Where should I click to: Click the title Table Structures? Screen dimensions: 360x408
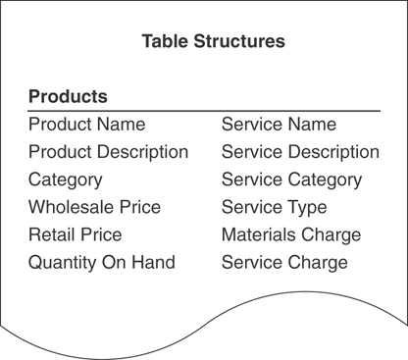tap(213, 42)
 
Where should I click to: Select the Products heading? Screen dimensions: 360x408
tap(68, 97)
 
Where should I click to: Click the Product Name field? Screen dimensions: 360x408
tap(86, 125)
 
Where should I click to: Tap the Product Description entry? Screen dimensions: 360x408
tap(108, 152)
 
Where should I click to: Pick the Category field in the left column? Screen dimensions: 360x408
tap(65, 180)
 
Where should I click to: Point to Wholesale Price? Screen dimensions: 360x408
tap(94, 207)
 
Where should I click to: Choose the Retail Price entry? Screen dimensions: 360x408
tap(76, 234)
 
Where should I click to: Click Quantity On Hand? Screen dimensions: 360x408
tap(102, 262)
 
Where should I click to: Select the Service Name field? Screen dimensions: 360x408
tap(279, 125)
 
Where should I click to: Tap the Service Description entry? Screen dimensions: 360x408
tap(300, 152)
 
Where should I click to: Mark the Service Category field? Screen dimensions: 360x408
tap(291, 180)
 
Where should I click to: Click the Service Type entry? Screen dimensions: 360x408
tap(274, 207)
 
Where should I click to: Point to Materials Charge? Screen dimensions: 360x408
tap(291, 234)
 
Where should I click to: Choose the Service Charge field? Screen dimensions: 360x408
tap(284, 262)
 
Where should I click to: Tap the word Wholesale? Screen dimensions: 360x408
tap(70, 207)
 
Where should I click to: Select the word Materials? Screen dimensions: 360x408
tap(257, 234)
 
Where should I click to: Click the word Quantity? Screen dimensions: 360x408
tap(62, 262)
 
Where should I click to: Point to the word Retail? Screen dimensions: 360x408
tap(49, 234)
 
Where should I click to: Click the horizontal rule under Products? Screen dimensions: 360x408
tap(204, 111)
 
